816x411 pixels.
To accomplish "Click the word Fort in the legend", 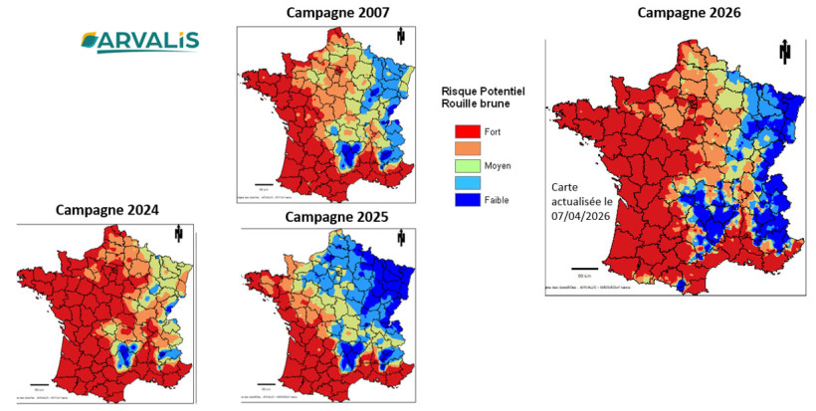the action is click(494, 131).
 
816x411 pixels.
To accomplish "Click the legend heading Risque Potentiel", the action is click(483, 91).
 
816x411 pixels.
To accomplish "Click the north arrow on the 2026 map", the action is click(784, 52).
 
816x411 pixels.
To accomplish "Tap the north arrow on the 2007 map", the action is click(400, 37).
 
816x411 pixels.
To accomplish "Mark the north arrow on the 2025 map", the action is click(400, 239).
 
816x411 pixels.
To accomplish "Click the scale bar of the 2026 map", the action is click(584, 269).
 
